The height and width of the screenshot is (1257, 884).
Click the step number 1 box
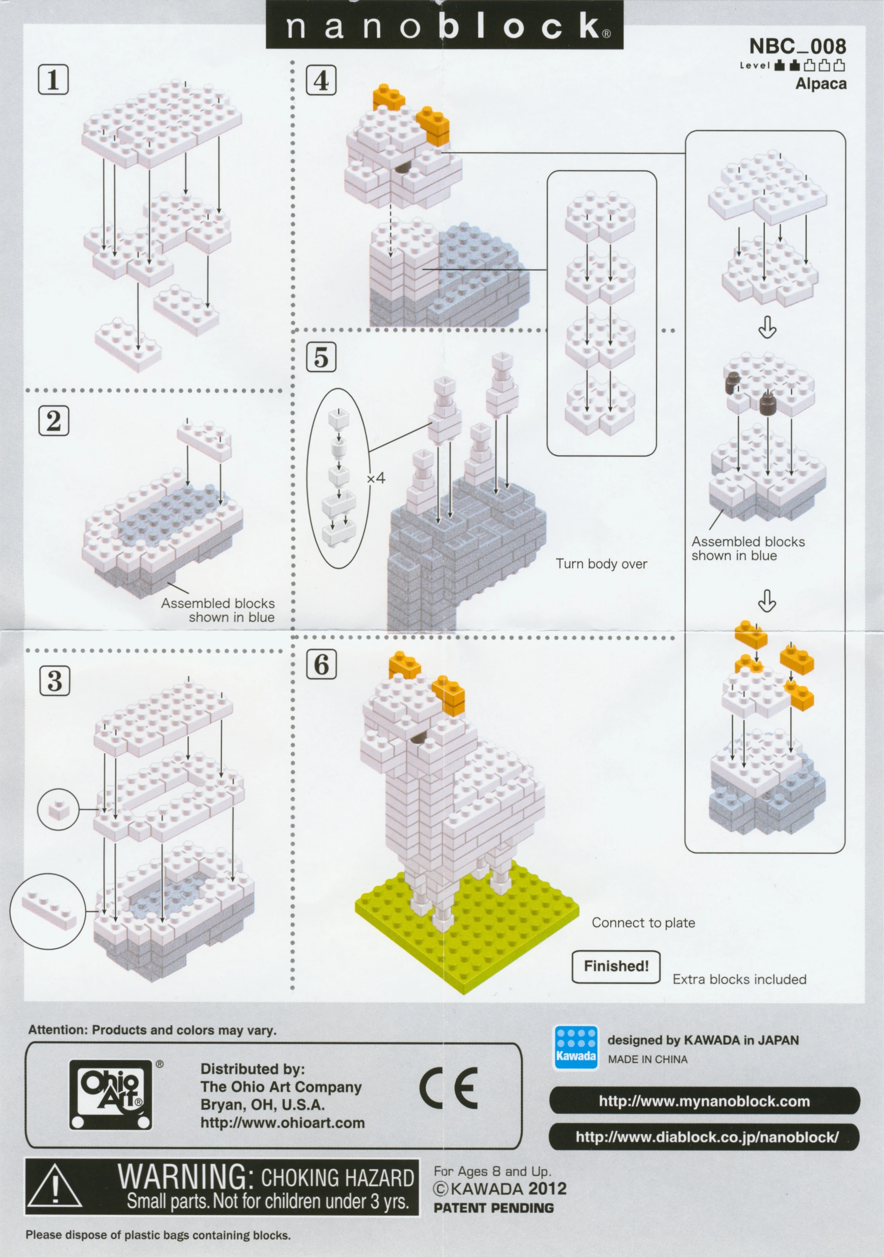[53, 79]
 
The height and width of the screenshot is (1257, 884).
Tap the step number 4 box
[321, 80]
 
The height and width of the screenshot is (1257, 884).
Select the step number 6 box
[321, 665]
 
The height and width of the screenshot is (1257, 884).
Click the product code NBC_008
[797, 46]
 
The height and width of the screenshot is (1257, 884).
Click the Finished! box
[616, 966]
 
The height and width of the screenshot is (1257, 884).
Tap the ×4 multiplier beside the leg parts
[376, 478]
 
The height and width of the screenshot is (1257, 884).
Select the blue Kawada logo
[576, 1047]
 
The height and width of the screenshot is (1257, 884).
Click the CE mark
[449, 1088]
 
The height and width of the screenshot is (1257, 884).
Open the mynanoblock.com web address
[704, 1100]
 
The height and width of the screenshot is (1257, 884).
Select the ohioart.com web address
[282, 1123]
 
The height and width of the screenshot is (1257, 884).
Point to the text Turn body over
[602, 564]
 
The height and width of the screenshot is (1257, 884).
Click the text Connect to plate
[643, 923]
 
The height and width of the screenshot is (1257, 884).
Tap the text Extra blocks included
[740, 979]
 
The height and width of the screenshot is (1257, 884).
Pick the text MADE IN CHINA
[648, 1060]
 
